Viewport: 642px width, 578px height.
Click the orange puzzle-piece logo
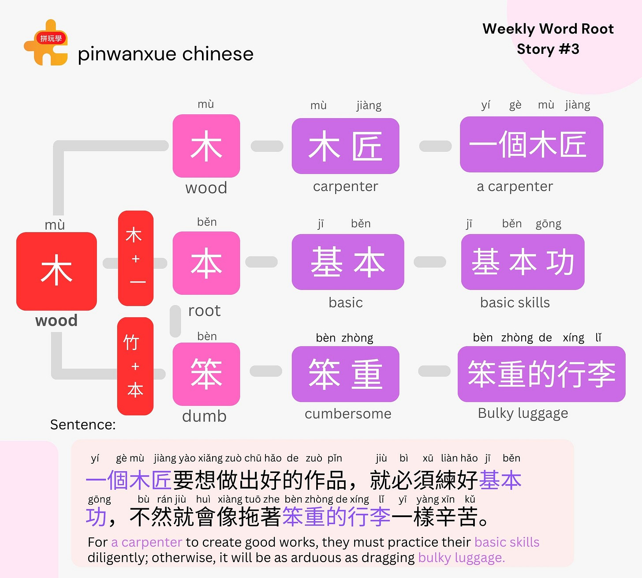click(46, 43)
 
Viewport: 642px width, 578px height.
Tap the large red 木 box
click(56, 271)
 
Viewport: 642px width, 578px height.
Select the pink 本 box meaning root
click(206, 263)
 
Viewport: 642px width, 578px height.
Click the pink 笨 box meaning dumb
click(206, 374)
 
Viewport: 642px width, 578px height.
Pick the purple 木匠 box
click(345, 146)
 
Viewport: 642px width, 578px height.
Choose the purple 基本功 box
click(523, 262)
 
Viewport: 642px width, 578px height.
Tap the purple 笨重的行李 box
click(541, 374)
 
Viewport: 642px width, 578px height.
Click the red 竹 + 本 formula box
click(135, 366)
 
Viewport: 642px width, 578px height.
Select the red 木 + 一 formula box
click(136, 259)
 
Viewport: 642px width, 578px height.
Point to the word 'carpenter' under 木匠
click(345, 187)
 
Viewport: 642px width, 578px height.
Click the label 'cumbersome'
click(348, 414)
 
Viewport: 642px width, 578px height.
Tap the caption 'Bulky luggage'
click(523, 413)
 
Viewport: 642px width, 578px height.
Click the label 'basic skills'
click(515, 303)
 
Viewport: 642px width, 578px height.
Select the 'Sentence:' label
click(83, 424)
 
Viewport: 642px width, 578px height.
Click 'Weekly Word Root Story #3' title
click(548, 39)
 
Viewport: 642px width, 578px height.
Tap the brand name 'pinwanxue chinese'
click(165, 54)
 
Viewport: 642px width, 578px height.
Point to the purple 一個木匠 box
click(531, 144)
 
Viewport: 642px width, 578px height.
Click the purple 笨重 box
click(345, 374)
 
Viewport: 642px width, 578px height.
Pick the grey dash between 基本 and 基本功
click(430, 262)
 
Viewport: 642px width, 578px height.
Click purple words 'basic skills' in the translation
click(507, 542)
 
